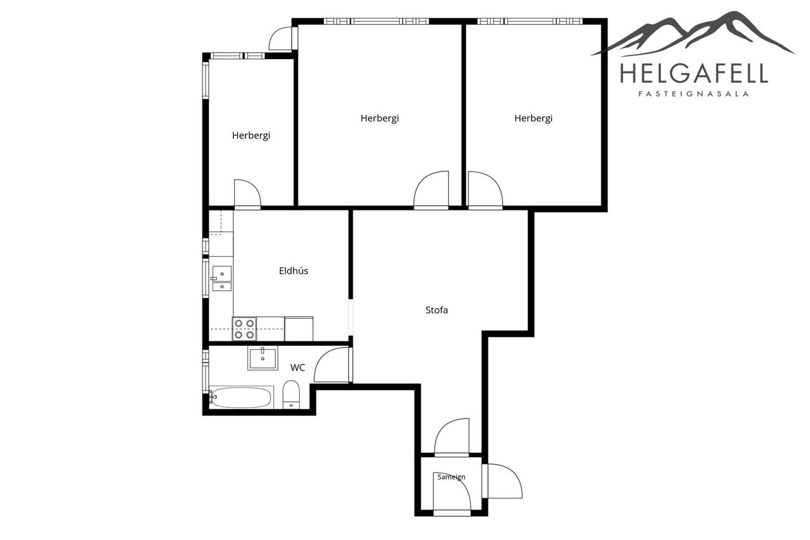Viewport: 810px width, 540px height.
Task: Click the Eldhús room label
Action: point(293,271)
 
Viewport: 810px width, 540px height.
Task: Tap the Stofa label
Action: point(436,310)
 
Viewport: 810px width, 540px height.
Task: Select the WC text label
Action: point(298,367)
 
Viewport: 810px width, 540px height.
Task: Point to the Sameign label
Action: point(451,477)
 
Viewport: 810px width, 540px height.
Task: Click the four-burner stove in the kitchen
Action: point(244,329)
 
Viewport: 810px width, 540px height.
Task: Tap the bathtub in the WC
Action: point(241,397)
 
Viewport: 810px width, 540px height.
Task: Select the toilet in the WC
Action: point(291,394)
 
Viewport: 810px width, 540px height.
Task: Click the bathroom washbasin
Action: point(262,358)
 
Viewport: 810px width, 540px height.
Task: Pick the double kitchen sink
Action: point(222,278)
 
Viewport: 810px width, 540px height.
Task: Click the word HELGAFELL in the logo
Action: point(694,73)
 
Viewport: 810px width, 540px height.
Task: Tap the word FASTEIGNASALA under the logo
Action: point(693,94)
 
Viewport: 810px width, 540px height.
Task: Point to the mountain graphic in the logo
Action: point(692,34)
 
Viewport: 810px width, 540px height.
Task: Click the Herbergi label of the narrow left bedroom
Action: point(251,136)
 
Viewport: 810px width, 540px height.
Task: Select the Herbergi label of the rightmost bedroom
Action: point(533,118)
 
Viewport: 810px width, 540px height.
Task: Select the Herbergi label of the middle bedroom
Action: point(379,118)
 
